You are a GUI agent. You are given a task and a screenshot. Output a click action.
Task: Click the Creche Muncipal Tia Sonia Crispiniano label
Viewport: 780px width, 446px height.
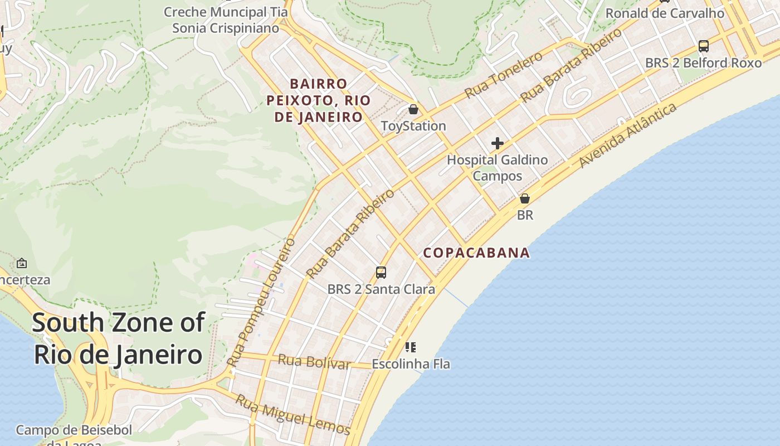(226, 20)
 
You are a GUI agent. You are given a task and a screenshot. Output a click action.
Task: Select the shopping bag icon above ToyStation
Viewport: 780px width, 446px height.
(413, 109)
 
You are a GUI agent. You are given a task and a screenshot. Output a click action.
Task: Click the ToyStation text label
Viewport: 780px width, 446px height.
(413, 126)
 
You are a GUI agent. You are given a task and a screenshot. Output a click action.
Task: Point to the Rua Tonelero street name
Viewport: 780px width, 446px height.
(504, 75)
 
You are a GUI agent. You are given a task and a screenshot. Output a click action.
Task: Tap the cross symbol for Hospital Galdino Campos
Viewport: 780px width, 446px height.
(497, 144)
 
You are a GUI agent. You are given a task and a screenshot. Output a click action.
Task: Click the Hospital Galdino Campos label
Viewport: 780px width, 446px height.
(497, 168)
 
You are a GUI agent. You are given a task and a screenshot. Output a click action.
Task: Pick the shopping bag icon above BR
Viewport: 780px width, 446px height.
(524, 198)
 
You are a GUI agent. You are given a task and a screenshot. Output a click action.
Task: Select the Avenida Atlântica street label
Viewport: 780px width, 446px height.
(628, 135)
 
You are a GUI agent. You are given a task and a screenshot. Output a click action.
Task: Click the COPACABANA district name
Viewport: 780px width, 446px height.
(476, 253)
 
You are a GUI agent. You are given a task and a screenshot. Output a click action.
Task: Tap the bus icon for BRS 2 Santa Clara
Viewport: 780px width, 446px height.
(381, 273)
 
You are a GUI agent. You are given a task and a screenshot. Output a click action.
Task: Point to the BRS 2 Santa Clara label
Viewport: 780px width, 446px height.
(381, 289)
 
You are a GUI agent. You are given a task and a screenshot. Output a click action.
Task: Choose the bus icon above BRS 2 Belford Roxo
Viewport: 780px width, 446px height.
(703, 46)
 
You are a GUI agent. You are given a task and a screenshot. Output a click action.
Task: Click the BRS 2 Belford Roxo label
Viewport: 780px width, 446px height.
(703, 63)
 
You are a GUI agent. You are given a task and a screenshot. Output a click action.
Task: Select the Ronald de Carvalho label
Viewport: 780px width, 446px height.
(665, 13)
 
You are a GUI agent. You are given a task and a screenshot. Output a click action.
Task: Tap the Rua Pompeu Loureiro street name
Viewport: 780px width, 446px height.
(261, 302)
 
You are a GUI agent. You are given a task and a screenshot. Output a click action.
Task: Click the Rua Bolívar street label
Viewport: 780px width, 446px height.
(314, 362)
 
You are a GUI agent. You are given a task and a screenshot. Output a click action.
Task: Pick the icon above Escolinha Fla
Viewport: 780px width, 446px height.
(411, 348)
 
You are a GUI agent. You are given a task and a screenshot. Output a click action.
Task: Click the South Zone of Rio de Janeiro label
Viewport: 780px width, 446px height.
(118, 338)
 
